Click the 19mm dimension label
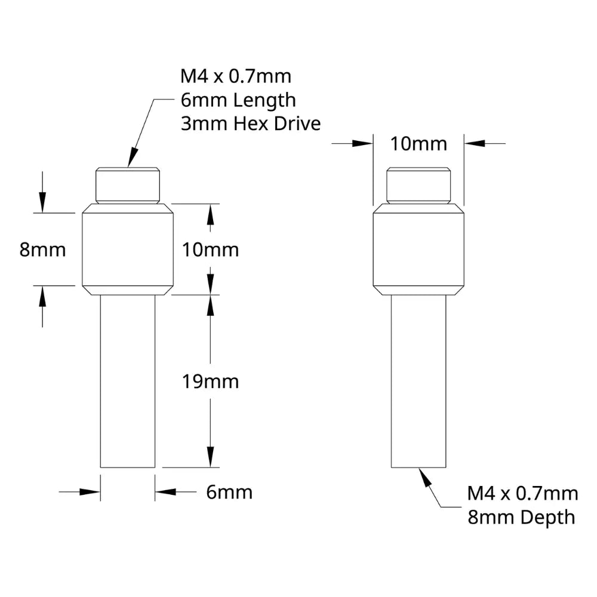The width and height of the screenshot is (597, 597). click(x=211, y=381)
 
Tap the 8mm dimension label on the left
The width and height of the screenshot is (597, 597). click(x=42, y=250)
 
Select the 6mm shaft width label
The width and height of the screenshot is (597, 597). click(x=229, y=492)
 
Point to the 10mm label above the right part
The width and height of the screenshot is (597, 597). click(x=418, y=144)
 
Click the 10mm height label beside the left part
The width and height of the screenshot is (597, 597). click(x=211, y=250)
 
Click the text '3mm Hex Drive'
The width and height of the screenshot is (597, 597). click(x=251, y=124)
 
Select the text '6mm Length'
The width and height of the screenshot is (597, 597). click(x=238, y=100)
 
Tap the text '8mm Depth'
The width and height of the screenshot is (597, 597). click(x=521, y=518)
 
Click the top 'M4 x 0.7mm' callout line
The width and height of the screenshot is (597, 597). click(x=236, y=76)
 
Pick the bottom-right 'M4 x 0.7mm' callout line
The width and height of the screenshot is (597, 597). click(x=522, y=494)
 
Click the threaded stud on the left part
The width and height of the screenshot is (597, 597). click(x=128, y=186)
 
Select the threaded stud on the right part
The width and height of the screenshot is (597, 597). click(x=418, y=186)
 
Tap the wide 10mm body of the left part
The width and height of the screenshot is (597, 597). click(x=128, y=250)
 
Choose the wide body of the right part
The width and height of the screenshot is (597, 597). click(x=418, y=250)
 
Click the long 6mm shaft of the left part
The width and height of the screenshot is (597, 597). click(x=128, y=381)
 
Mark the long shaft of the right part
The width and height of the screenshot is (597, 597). click(x=418, y=381)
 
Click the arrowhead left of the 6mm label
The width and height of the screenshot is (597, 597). click(x=90, y=492)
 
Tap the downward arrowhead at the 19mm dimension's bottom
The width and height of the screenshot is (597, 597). click(x=211, y=457)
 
